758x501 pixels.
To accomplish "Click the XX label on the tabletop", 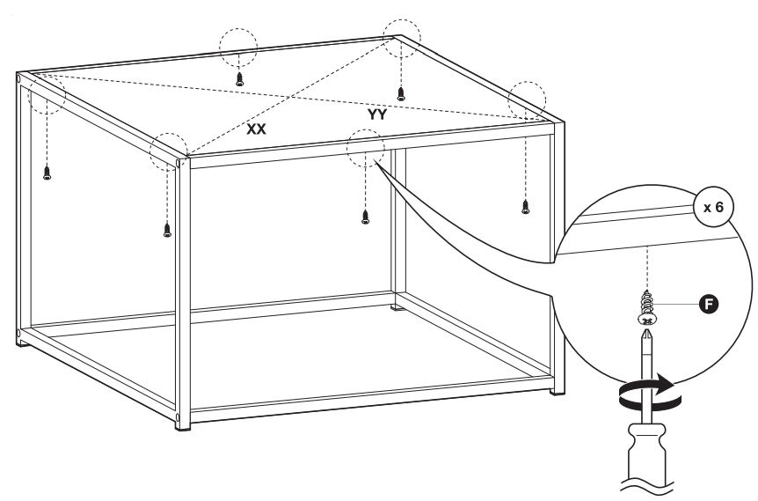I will [x=257, y=129].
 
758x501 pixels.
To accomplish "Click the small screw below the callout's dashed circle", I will [x=365, y=216].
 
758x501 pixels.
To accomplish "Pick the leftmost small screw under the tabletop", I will [x=47, y=173].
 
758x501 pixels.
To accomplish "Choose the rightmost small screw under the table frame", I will [x=526, y=207].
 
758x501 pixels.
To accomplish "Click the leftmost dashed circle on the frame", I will [x=47, y=94].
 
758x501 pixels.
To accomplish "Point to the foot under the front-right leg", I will [x=553, y=388].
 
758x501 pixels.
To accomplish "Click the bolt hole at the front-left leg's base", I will [x=179, y=416].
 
